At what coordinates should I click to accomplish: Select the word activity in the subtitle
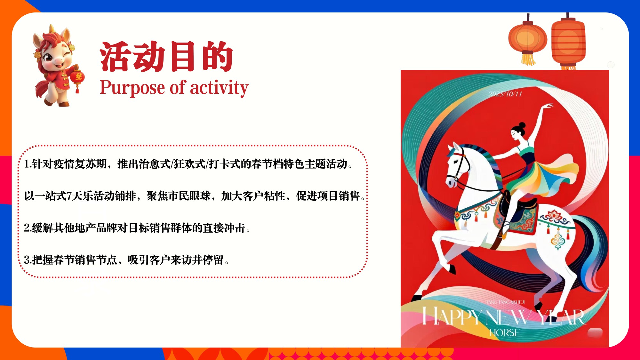(219, 88)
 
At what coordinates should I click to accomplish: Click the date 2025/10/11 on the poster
(505, 94)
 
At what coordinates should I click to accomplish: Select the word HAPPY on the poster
(451, 316)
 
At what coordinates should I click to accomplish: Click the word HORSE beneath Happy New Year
(505, 333)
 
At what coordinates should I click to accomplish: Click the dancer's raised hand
(548, 106)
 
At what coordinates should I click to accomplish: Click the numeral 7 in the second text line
(69, 196)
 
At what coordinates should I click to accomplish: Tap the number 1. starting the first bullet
(28, 164)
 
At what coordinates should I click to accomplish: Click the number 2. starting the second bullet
(28, 228)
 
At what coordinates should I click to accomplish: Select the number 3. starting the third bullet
(28, 260)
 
